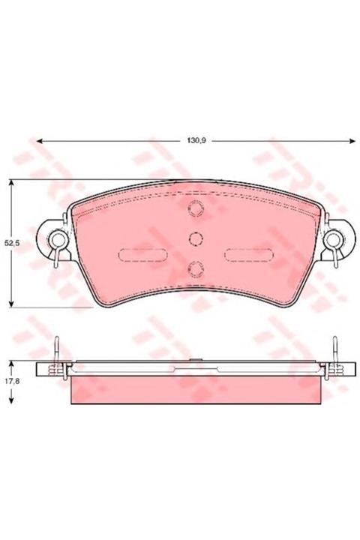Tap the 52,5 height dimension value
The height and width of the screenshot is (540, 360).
[12, 243]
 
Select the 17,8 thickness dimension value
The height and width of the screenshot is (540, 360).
[12, 381]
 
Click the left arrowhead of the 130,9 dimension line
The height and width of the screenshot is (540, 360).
[39, 141]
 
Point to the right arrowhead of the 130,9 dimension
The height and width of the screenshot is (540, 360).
[352, 141]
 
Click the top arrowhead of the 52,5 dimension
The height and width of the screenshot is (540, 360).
[12, 182]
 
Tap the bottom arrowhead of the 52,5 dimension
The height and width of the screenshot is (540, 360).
[12, 304]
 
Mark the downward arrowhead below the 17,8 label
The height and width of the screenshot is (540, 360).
[12, 400]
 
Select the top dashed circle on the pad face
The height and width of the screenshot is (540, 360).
[195, 208]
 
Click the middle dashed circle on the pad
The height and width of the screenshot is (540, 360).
[195, 238]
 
